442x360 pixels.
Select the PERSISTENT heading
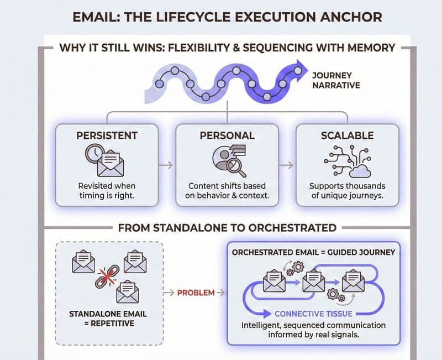coord(106,135)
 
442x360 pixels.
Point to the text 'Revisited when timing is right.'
coord(106,191)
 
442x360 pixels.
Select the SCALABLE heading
coord(347,135)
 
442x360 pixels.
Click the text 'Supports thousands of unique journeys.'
coord(347,191)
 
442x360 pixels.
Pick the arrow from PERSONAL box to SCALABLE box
coord(286,165)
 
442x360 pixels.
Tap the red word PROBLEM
coord(196,292)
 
